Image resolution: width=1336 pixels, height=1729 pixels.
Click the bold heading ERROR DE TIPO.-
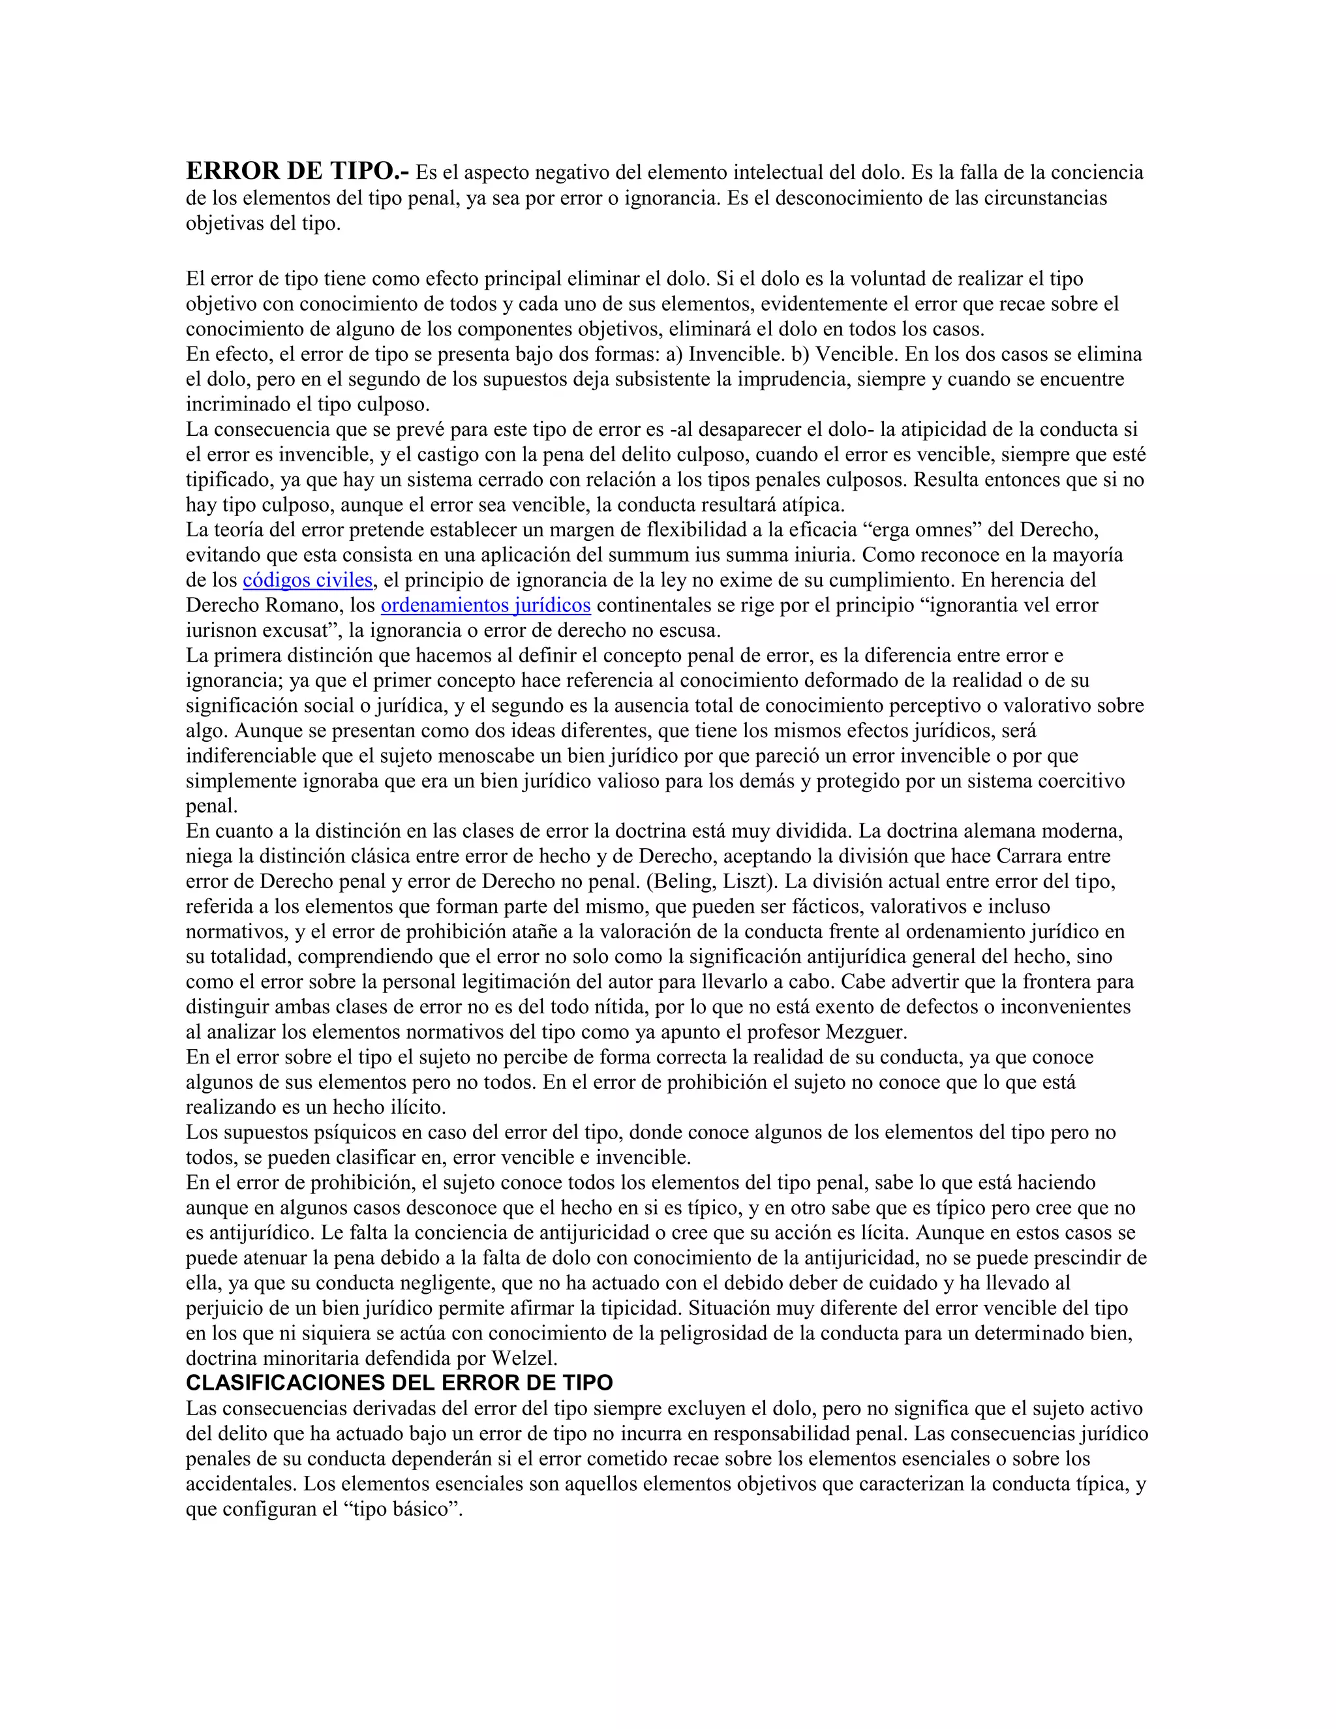point(297,171)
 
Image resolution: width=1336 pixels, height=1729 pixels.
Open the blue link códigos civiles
point(307,580)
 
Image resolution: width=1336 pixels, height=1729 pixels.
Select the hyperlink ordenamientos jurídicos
point(485,605)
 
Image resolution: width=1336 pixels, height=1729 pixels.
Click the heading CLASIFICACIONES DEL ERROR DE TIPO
point(399,1383)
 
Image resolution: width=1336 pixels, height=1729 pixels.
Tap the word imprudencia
point(783,379)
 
